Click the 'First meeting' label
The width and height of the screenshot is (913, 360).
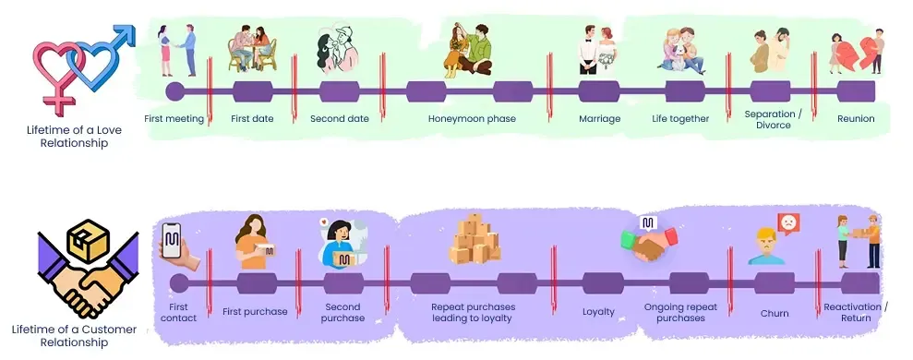(x=174, y=119)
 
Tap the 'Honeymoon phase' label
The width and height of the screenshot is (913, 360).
(x=472, y=119)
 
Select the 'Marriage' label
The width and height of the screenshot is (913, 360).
(x=600, y=119)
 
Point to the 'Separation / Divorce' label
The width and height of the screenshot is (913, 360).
(x=774, y=119)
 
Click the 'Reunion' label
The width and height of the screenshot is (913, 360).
(x=856, y=119)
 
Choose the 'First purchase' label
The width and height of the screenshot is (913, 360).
(x=255, y=312)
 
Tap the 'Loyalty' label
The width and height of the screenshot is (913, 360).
(x=598, y=312)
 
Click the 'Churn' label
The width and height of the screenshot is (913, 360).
(x=775, y=313)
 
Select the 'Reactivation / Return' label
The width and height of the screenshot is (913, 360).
(x=856, y=312)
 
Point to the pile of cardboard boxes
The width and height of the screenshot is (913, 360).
(x=475, y=238)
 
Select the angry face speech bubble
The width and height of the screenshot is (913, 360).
(x=789, y=223)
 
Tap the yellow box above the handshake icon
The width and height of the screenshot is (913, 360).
(x=88, y=241)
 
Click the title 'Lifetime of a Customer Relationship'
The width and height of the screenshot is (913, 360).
(x=74, y=335)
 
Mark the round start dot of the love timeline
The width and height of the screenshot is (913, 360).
(x=174, y=91)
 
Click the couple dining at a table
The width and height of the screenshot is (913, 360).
(x=252, y=48)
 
